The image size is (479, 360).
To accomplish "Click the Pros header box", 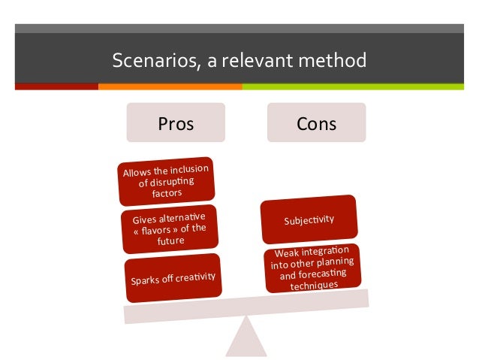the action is [175, 123].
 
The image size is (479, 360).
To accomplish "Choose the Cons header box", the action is [316, 123].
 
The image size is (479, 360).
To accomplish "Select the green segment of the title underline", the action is [353, 86].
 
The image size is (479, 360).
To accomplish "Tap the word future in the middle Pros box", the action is [170, 241].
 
